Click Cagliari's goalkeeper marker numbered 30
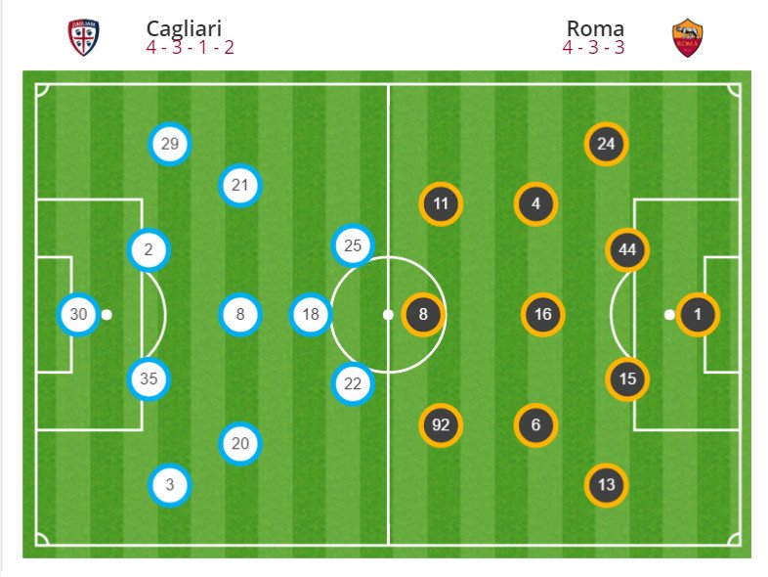coord(78,315)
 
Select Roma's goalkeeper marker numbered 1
coord(698,315)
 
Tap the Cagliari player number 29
coord(170,145)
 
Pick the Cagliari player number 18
coord(311,315)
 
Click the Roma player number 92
coord(441,425)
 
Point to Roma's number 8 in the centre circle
coord(423,315)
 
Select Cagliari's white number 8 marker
coord(240,315)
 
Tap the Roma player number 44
coord(627,250)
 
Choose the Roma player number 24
coord(606,145)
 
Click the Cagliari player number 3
coord(170,484)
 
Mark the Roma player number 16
coord(543,315)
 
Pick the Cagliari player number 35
coord(149,378)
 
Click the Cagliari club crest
coord(83,38)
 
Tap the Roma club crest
coord(689,38)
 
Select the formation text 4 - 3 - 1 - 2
coord(190,47)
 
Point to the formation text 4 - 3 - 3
coord(593,47)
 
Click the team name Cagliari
coord(184,28)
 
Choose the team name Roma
coord(595,28)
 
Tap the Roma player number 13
coord(606,484)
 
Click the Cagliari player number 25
coord(353,245)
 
